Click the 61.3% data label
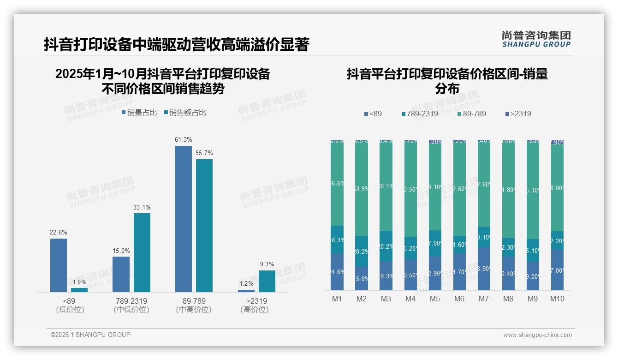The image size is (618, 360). [x=184, y=140]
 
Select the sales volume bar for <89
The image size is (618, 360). [x=59, y=265]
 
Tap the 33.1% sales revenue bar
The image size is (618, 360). [x=142, y=252]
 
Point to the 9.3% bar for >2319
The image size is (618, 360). [x=267, y=281]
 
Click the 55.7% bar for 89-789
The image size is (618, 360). [x=204, y=225]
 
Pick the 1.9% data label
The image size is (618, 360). [x=79, y=282]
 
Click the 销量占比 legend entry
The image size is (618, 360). [x=139, y=113]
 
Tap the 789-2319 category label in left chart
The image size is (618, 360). [x=131, y=301]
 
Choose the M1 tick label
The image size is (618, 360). [x=337, y=299]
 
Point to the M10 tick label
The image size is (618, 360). [x=557, y=299]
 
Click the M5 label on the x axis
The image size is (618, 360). [x=435, y=299]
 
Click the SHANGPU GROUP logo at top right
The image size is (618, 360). [x=536, y=39]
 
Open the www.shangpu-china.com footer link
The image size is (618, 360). [x=537, y=335]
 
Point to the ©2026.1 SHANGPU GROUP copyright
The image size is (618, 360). [x=90, y=335]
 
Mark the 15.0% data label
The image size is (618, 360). [x=121, y=251]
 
